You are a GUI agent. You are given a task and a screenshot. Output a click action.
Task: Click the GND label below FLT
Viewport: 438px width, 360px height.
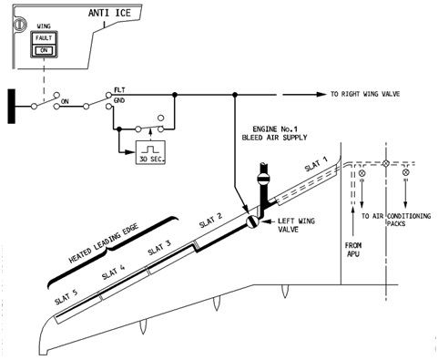(119, 100)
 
